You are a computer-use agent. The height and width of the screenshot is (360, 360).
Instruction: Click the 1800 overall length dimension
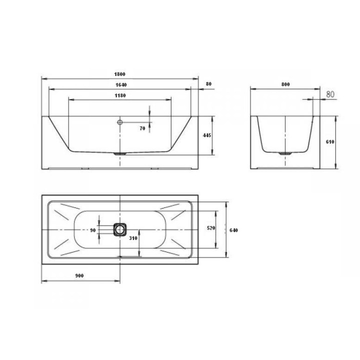[119, 74]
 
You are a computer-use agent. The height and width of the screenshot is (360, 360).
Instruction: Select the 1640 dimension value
[121, 85]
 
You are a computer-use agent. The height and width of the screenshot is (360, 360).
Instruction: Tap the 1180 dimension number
[120, 95]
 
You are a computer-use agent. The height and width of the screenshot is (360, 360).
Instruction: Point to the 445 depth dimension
[207, 135]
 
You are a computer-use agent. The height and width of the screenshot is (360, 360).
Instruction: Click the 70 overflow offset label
[142, 128]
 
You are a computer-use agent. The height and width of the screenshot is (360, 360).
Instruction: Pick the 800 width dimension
[285, 84]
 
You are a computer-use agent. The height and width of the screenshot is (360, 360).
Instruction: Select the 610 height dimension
[330, 142]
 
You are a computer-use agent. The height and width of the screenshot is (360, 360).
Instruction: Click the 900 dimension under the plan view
[79, 275]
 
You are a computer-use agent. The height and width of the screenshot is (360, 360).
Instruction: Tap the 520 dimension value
[211, 228]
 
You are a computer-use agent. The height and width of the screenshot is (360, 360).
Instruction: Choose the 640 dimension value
[233, 230]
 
